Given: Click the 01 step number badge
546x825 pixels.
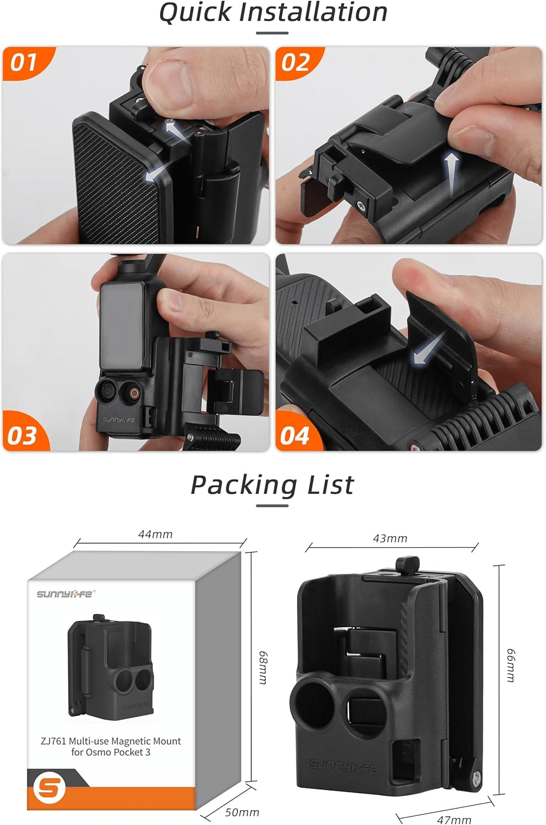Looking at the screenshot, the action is point(24,62).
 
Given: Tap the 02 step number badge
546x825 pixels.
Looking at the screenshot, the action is point(296,62).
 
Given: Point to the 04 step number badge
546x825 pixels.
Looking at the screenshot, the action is point(294,436).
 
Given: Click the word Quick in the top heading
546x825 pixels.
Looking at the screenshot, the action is point(195,13).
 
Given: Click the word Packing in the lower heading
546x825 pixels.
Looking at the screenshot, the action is point(244,486).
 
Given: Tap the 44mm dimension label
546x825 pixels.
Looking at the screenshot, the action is point(155,535).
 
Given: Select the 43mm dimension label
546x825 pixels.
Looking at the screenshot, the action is point(390,538).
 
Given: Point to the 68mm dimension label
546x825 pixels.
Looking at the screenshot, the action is point(263,667).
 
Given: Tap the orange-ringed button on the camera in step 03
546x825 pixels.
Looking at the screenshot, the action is point(134,393).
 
